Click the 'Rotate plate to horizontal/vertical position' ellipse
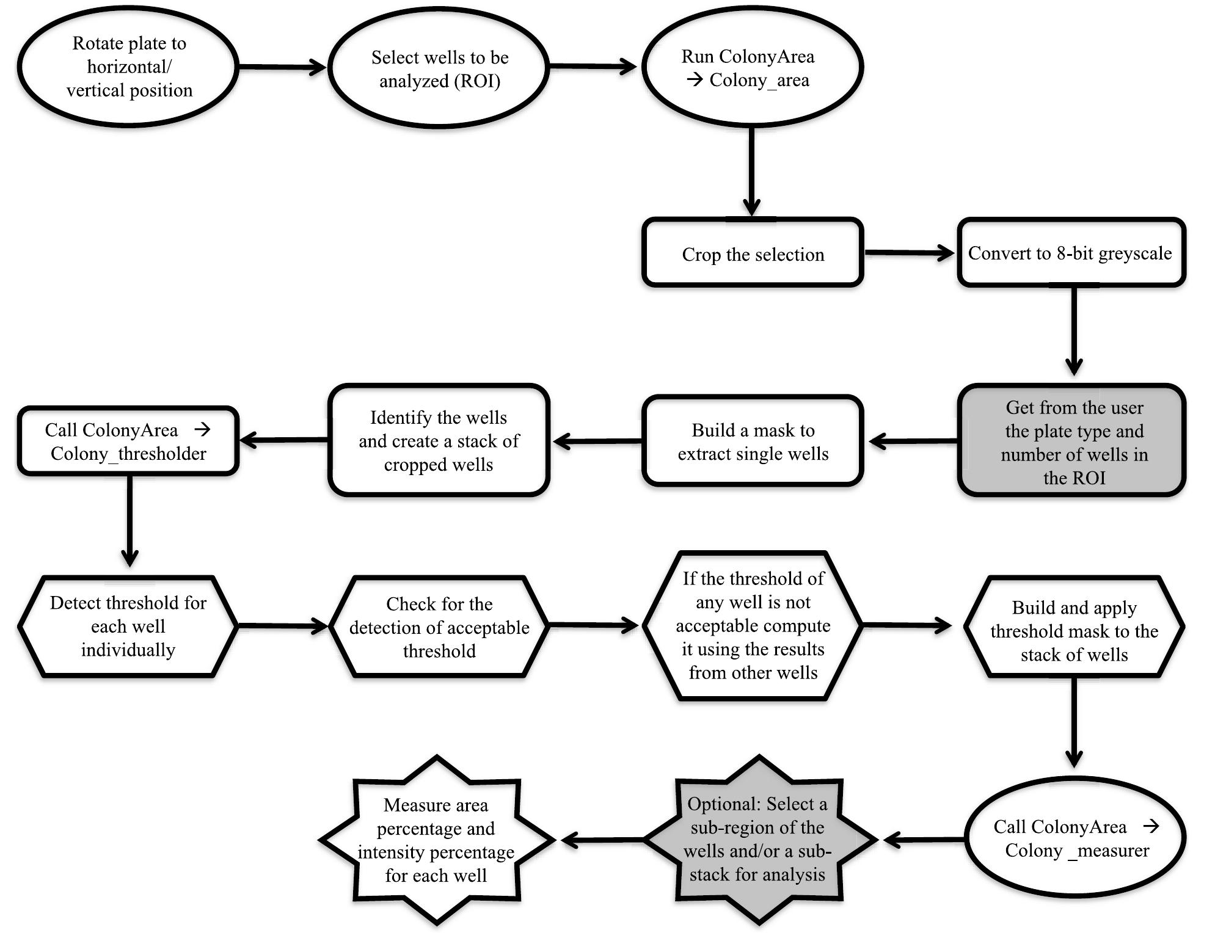tap(128, 67)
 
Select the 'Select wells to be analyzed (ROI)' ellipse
tap(439, 68)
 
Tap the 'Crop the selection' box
tap(753, 253)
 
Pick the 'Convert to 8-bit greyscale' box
tap(1070, 253)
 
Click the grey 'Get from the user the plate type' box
tap(1073, 441)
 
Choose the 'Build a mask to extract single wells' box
tap(753, 441)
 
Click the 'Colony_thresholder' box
tap(128, 441)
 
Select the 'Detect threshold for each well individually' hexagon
tap(128, 627)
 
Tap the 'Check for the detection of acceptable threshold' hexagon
tap(439, 627)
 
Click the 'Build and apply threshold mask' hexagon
tap(1073, 631)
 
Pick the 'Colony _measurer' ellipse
tap(1075, 838)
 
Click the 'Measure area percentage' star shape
tap(436, 840)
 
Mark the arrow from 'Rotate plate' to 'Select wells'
tap(281, 67)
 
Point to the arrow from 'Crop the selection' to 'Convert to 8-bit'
tap(909, 252)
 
